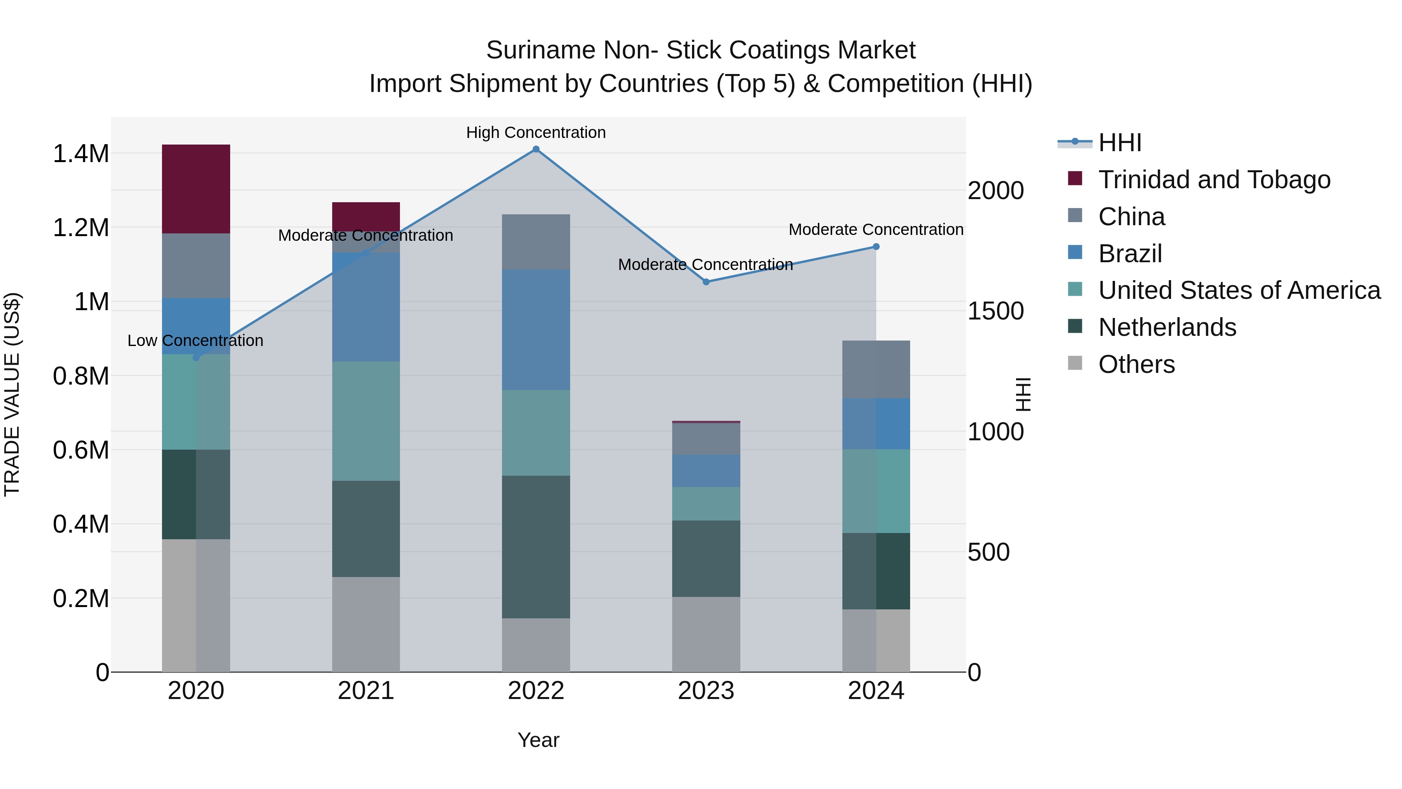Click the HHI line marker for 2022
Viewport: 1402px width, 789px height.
pos(536,149)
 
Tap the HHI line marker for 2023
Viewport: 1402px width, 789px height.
pos(706,282)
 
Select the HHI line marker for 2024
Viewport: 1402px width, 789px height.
pos(876,247)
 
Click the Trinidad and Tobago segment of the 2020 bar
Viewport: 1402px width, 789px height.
pos(196,189)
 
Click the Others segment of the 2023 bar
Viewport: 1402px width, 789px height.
pos(706,634)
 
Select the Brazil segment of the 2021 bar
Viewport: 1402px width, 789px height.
pos(366,307)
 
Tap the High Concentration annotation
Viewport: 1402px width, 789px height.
pos(536,133)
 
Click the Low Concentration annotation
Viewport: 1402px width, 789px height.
pos(196,341)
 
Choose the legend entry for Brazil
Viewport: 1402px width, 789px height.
pos(1130,254)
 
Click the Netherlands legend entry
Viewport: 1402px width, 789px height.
pos(1167,327)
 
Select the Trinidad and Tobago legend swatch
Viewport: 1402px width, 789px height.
pos(1075,178)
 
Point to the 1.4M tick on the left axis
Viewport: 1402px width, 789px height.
pos(81,154)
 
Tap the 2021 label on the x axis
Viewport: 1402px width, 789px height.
pos(366,691)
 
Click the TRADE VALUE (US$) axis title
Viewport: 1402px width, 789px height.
pos(12,394)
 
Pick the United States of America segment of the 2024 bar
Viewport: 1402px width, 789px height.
pos(876,491)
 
